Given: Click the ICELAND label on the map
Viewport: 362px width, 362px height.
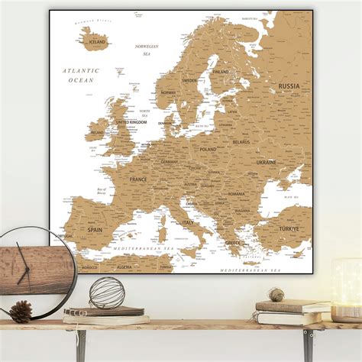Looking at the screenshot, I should point(97,43).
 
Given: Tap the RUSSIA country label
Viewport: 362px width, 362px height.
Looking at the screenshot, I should point(289,86).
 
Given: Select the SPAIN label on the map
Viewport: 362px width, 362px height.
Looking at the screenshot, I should point(95,228).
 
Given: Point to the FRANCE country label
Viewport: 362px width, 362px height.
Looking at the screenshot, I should point(138,179).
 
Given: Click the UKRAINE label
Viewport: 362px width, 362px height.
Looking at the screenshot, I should point(267,163).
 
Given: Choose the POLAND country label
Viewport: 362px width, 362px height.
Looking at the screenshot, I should point(208,150).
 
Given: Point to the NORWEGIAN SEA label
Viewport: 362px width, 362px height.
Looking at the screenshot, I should point(147,50).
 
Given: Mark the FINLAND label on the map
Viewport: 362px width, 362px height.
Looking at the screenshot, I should point(221,72).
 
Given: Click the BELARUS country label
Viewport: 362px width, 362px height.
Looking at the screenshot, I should point(241,142).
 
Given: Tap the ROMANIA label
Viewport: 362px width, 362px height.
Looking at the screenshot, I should point(236,194).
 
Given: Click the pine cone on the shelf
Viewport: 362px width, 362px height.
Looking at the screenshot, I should point(21,311).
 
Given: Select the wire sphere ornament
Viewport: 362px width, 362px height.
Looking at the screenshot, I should point(107,293).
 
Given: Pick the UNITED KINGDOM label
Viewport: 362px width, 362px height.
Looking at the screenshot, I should point(131,121).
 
